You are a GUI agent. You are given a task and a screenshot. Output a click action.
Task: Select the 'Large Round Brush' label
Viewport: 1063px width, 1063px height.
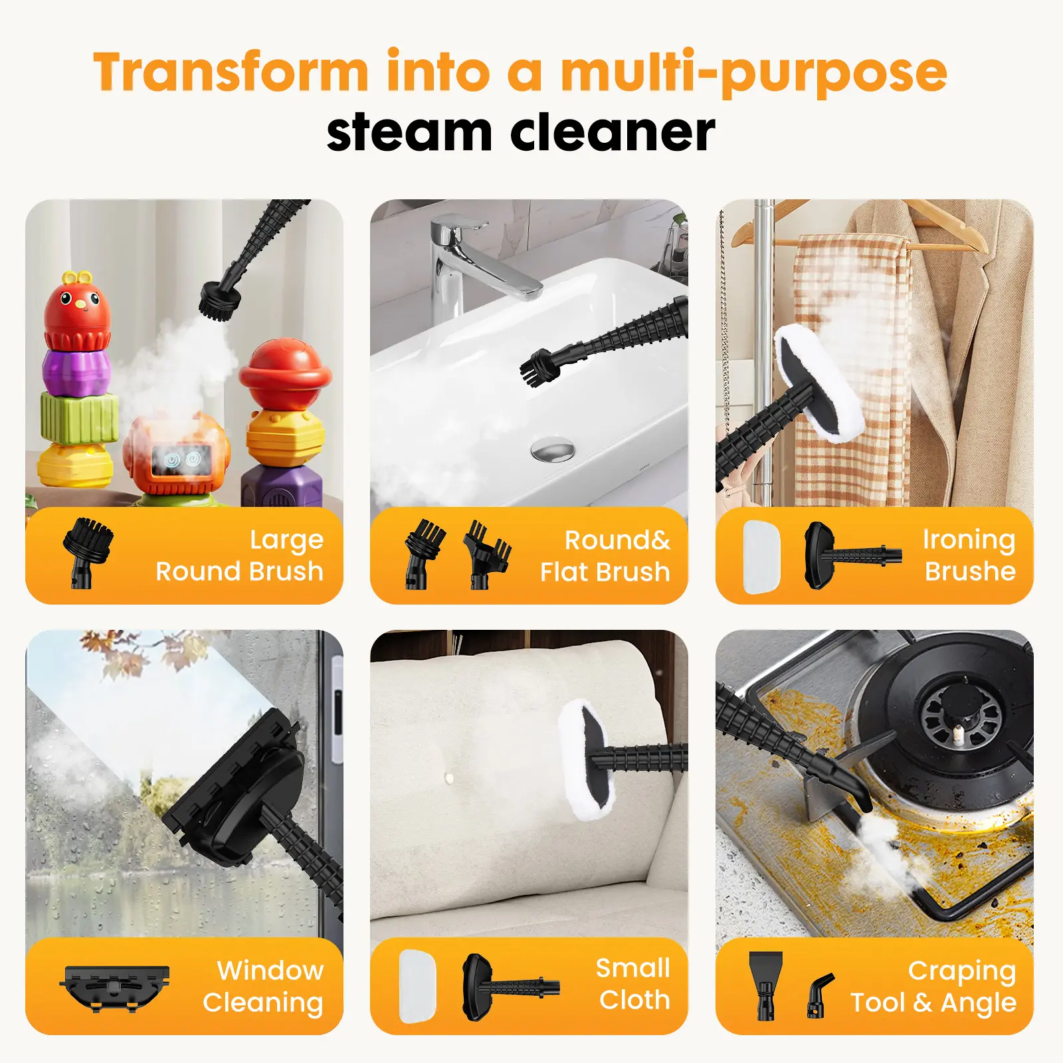pyautogui.click(x=239, y=555)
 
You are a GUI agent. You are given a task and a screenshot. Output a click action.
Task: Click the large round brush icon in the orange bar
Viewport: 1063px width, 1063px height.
pyautogui.click(x=88, y=552)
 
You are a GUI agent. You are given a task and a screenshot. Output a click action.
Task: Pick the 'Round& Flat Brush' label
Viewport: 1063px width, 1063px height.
pyautogui.click(x=605, y=556)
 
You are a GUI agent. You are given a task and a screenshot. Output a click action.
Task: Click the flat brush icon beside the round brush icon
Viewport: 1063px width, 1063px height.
pyautogui.click(x=488, y=554)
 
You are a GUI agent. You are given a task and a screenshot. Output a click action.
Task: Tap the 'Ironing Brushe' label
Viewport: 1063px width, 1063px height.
pyautogui.click(x=969, y=555)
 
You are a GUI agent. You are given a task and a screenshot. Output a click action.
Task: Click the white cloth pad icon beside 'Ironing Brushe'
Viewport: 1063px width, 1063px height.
pyautogui.click(x=761, y=556)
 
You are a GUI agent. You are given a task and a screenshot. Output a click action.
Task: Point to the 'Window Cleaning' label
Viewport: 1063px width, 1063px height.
pyautogui.click(x=263, y=986)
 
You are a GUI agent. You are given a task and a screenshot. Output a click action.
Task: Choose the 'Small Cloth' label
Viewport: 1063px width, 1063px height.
pyautogui.click(x=633, y=984)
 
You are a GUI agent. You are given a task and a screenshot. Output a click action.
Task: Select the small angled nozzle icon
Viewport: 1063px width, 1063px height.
pyautogui.click(x=820, y=995)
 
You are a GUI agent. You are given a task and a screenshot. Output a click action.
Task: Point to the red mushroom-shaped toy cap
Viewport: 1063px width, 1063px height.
pyautogui.click(x=285, y=367)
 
